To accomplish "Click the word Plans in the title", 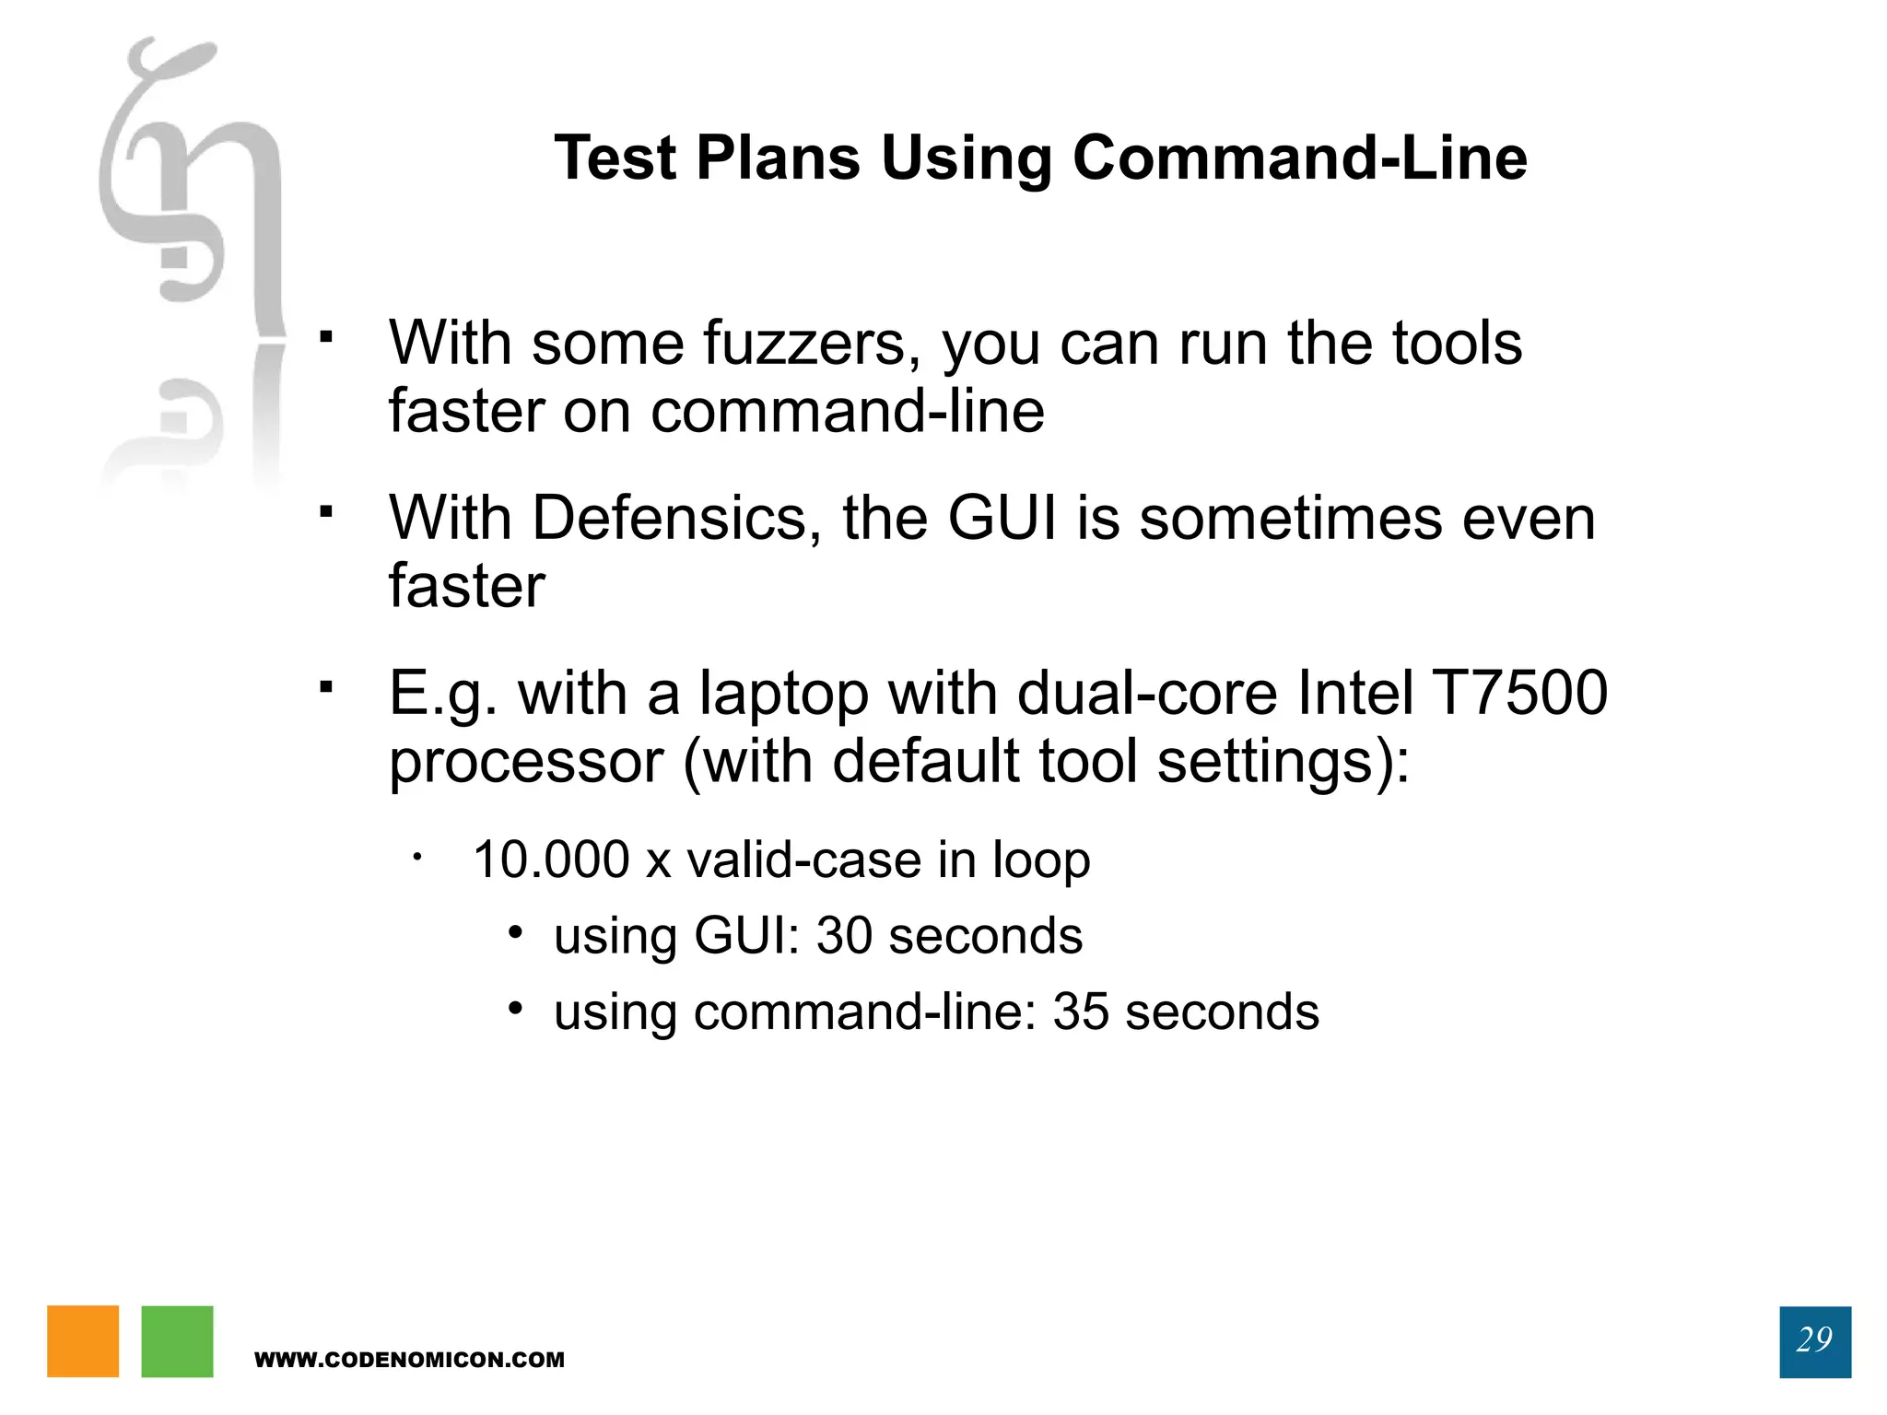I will [778, 158].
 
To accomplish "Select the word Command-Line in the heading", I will [1299, 158].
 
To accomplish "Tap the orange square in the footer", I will [83, 1340].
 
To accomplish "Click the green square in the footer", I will [177, 1340].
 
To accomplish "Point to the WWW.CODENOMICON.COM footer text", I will [409, 1360].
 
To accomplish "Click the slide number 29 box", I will [1814, 1340].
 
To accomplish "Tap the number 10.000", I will [551, 860].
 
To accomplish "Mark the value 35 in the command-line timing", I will [1080, 1012].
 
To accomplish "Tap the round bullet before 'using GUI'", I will [516, 933].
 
